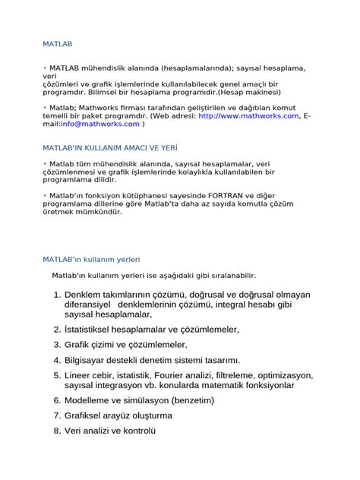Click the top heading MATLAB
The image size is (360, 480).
click(58, 45)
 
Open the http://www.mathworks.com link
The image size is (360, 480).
click(249, 115)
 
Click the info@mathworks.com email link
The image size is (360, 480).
click(100, 123)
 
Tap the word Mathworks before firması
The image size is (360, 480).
click(99, 108)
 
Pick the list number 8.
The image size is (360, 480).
click(57, 431)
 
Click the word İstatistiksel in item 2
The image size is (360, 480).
click(95, 330)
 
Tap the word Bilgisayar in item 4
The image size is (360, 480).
click(90, 360)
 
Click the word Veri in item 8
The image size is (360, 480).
click(74, 431)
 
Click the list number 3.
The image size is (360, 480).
click(57, 345)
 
